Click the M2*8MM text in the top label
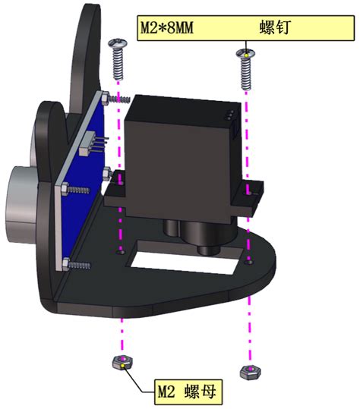tap(167, 28)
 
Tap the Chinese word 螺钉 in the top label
tap(275, 27)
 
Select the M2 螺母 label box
tap(188, 392)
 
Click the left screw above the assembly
tap(118, 59)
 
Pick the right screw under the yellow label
tap(245, 69)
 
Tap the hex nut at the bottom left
tap(122, 362)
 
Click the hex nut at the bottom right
tap(250, 373)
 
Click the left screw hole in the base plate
tap(120, 252)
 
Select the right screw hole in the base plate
tap(250, 262)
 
